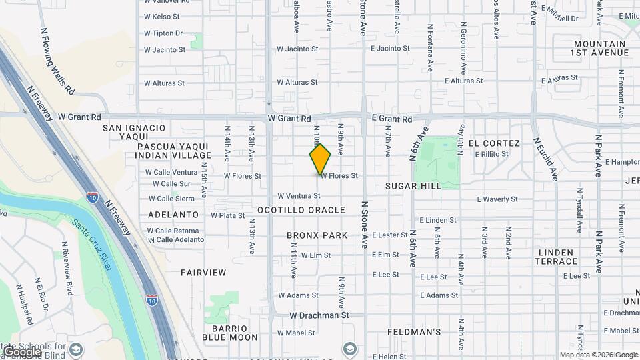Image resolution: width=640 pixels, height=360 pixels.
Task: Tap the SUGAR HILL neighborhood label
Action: [413, 186]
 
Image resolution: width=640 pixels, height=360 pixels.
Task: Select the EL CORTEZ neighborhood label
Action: [494, 143]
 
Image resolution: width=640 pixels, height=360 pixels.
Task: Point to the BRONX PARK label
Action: [317, 235]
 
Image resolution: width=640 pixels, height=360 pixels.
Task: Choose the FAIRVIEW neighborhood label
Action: [203, 273]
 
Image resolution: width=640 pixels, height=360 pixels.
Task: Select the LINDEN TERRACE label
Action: [555, 257]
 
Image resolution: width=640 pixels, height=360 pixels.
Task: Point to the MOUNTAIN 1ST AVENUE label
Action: [599, 48]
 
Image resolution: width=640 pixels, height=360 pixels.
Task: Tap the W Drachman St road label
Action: [319, 315]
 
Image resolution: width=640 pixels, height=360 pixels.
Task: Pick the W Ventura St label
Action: [299, 196]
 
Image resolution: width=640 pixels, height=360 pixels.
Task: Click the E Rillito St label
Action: [491, 154]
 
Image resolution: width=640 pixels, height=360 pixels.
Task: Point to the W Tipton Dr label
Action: [163, 33]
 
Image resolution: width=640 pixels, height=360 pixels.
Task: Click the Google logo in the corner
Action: [22, 352]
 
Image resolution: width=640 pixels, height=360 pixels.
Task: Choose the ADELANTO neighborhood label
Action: [173, 215]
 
